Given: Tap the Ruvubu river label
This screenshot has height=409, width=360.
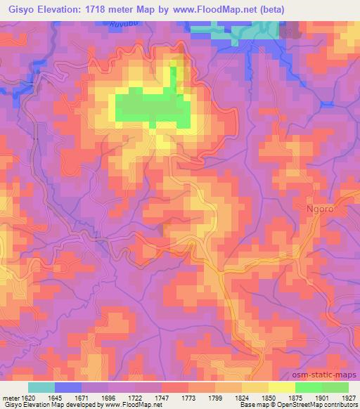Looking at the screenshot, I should [x=122, y=25].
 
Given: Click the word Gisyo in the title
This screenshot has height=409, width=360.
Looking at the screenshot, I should [x=22, y=8].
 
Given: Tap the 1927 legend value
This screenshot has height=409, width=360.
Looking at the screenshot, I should [x=346, y=397].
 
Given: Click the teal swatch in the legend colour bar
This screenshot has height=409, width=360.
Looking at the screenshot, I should [x=41, y=387].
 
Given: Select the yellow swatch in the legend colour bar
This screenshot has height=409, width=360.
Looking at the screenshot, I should [x=282, y=387].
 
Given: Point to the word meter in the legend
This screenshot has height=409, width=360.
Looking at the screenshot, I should [x=10, y=397].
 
